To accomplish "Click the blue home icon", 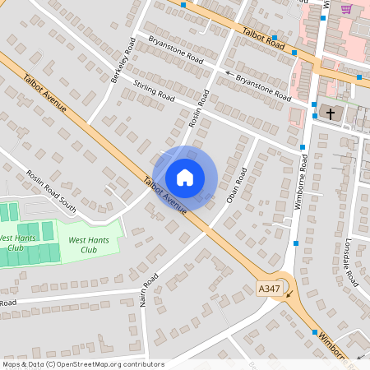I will click(x=185, y=178).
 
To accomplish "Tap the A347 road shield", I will click(x=269, y=289).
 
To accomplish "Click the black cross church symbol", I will click(x=331, y=113).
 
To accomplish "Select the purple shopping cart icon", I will click(x=347, y=9).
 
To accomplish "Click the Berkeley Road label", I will click(x=123, y=60).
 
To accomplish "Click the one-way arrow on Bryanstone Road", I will click(x=229, y=73).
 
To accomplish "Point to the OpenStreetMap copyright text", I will click(x=83, y=364).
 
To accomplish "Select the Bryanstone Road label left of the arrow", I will click(x=175, y=49).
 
